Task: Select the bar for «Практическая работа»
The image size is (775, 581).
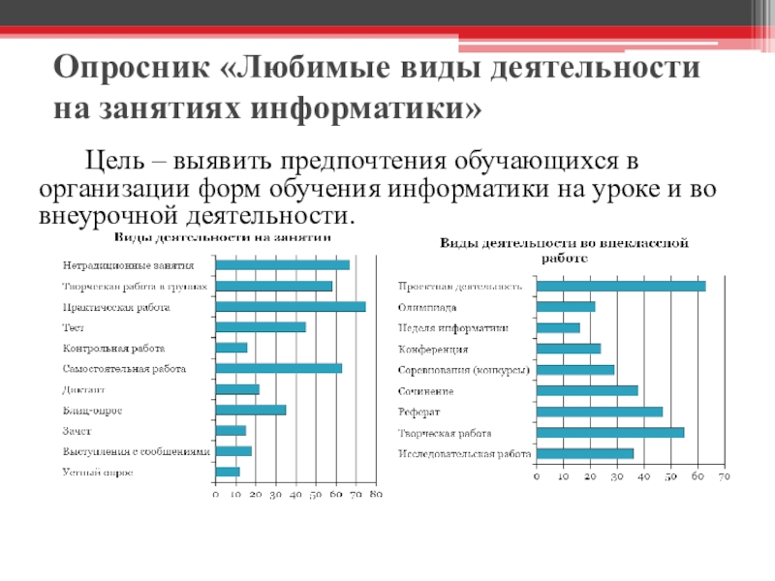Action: [290, 306]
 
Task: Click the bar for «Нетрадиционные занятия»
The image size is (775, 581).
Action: [282, 264]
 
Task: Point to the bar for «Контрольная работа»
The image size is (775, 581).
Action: [232, 348]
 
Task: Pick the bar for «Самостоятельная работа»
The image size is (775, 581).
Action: [278, 368]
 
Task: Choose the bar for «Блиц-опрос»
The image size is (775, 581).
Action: [251, 410]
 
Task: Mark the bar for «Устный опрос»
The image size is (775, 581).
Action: [228, 472]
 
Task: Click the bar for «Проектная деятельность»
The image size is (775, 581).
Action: [621, 286]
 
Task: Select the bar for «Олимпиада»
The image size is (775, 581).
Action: [566, 307]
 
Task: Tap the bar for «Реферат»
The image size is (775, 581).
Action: [600, 412]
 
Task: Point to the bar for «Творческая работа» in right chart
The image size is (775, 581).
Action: [610, 432]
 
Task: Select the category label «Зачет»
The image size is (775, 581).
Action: [77, 430]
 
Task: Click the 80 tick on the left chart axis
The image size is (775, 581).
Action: [377, 495]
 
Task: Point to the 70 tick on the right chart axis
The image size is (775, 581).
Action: [722, 476]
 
